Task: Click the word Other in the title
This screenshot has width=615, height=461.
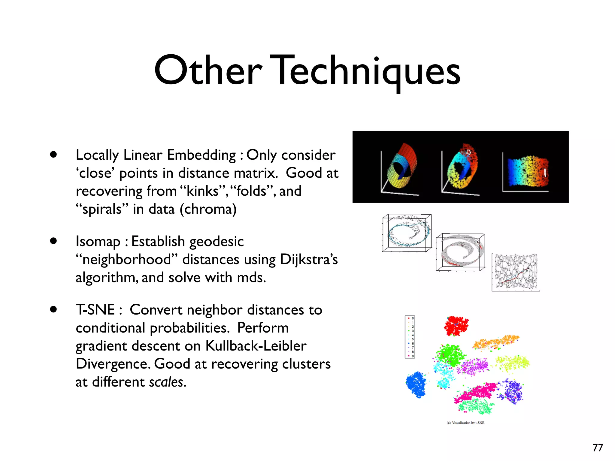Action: click(x=208, y=71)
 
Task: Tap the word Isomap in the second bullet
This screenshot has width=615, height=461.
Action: click(x=98, y=242)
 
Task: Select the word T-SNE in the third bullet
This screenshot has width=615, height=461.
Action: click(x=95, y=310)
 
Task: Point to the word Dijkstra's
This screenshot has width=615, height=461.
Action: click(x=309, y=260)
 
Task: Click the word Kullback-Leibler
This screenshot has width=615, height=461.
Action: click(x=256, y=346)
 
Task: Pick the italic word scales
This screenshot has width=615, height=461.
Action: click(x=166, y=382)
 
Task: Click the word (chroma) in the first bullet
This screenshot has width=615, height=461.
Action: click(x=208, y=209)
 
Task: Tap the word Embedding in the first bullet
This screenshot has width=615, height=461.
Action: click(x=201, y=155)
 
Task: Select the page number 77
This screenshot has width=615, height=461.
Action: click(x=598, y=448)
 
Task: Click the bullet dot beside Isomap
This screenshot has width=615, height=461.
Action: click(x=53, y=241)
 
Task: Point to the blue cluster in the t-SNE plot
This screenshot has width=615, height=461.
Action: click(x=416, y=384)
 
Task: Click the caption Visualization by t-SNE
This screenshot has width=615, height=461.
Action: click(x=466, y=423)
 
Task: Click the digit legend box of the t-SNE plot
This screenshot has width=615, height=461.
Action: click(x=410, y=337)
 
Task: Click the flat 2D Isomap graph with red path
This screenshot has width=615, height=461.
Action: click(x=516, y=272)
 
